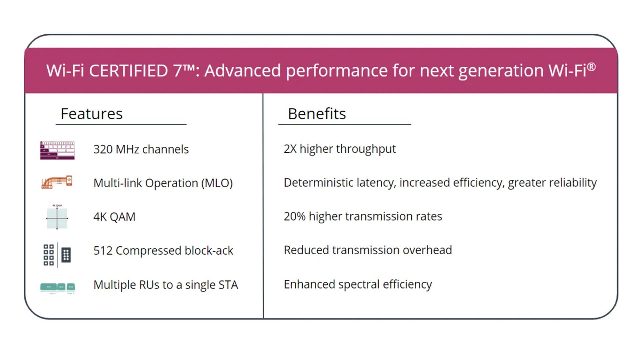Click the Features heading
(x=92, y=114)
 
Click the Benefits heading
(x=317, y=114)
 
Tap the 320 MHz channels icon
(x=57, y=150)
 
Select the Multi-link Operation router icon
(x=57, y=182)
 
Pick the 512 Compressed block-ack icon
(x=57, y=255)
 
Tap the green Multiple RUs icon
(x=57, y=287)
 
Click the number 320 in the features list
(x=103, y=149)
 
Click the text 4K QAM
(x=114, y=217)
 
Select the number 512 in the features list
(x=103, y=251)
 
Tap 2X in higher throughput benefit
(x=290, y=149)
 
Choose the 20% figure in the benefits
(x=294, y=216)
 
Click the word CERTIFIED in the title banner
(x=128, y=71)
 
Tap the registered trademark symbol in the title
(x=591, y=67)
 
